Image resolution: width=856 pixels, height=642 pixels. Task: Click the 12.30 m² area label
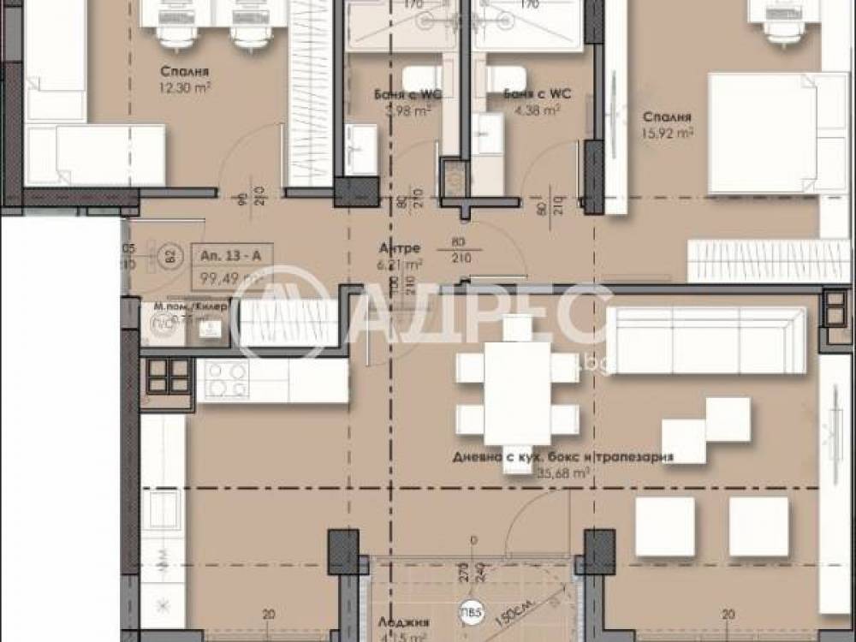pos(184,87)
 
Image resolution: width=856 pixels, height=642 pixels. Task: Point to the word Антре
pos(399,248)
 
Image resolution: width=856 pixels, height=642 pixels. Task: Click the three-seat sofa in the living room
pos(706,341)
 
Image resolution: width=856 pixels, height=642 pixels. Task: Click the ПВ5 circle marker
pos(469,613)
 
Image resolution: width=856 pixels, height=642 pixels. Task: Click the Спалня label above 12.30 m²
pos(185,72)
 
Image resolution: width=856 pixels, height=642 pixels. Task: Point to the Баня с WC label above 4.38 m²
pos(537,94)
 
